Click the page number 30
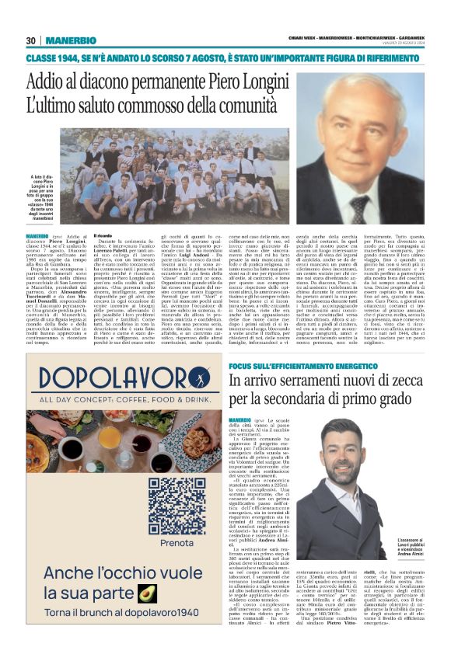pyautogui.click(x=31, y=40)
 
